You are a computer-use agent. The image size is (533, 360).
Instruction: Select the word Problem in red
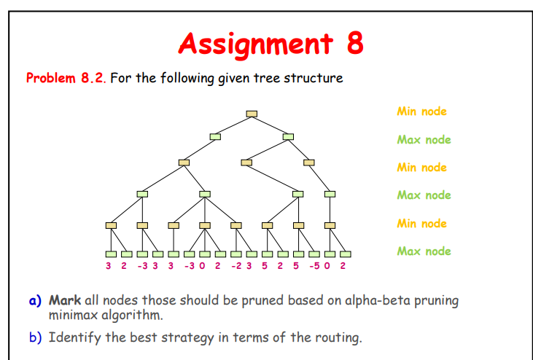[51, 78]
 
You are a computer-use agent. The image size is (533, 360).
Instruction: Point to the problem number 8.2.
[93, 78]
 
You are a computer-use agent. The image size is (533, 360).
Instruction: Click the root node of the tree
[252, 113]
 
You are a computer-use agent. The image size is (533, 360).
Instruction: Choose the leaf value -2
[235, 266]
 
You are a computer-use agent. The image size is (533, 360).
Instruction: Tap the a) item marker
[36, 300]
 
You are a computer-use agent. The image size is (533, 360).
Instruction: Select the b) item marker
[36, 337]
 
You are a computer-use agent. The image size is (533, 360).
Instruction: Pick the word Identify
[75, 337]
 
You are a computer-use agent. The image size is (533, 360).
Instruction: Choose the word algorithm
[136, 315]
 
